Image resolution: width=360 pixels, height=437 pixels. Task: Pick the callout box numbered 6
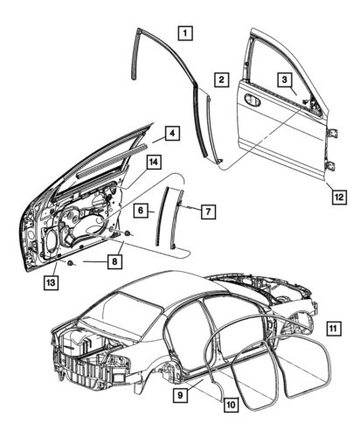pos(140,211)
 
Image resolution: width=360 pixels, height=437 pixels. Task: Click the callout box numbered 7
pos(206,212)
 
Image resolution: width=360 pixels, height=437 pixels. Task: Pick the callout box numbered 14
pos(154,163)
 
